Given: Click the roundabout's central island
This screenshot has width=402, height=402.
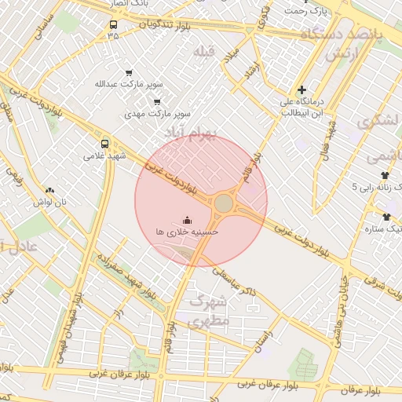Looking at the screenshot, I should pos(224,203).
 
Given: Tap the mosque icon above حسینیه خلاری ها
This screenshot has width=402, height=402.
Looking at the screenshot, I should pos(187,220).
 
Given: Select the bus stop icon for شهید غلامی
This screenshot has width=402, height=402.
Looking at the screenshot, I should pos(105,144).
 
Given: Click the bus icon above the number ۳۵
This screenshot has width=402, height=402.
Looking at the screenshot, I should pos(114,24).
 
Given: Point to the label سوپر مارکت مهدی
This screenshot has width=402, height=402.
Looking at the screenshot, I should pos(157,114).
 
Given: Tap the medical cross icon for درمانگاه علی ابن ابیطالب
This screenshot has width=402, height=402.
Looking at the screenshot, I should pos(301,90).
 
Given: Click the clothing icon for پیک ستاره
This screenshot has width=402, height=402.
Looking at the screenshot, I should pos(386,217).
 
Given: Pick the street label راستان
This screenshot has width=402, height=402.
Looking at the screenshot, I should pos(263,339).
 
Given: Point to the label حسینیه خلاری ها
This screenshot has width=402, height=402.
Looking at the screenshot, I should pos(187,232).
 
